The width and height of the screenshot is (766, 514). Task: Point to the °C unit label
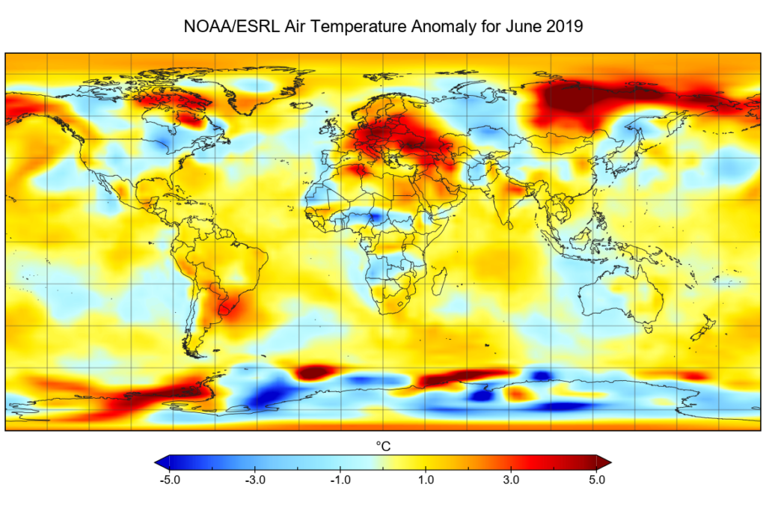click(x=383, y=446)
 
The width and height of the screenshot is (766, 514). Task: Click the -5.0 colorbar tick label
click(x=170, y=480)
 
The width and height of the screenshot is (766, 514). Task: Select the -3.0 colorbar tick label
click(x=256, y=480)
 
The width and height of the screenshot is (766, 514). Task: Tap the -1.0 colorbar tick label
click(x=341, y=480)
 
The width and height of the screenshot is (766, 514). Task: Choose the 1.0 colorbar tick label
click(x=426, y=480)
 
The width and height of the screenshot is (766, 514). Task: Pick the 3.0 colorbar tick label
click(x=512, y=480)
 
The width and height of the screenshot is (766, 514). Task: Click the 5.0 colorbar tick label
click(x=596, y=480)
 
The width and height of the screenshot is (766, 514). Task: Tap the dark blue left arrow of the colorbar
click(x=162, y=461)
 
